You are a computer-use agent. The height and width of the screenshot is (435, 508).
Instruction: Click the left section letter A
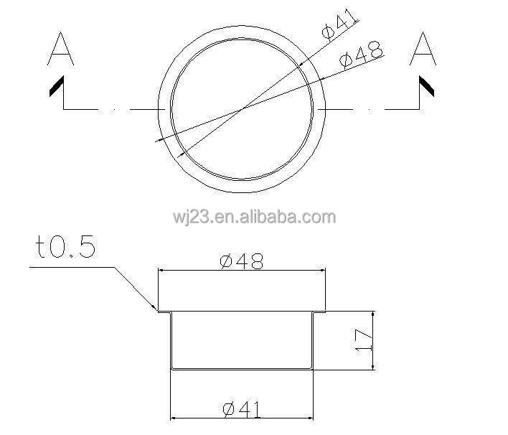[60, 49]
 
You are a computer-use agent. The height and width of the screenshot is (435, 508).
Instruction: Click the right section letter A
[423, 49]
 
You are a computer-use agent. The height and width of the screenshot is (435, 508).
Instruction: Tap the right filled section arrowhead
[426, 86]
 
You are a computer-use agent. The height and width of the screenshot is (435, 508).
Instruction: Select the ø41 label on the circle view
[339, 24]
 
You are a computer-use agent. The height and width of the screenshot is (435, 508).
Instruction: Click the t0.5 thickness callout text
[66, 246]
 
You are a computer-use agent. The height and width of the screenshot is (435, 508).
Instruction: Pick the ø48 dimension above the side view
[242, 261]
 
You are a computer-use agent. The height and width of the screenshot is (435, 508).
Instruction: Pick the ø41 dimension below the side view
[242, 409]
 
